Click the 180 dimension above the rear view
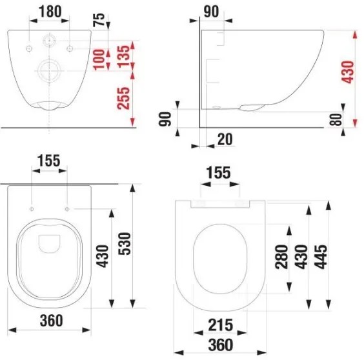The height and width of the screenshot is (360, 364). click(49, 11)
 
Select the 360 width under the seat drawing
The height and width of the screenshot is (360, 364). click(221, 346)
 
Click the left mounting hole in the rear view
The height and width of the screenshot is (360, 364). click(30, 50)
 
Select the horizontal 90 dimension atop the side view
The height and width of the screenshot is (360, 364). click(212, 11)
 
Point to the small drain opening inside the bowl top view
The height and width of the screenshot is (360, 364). click(49, 243)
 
